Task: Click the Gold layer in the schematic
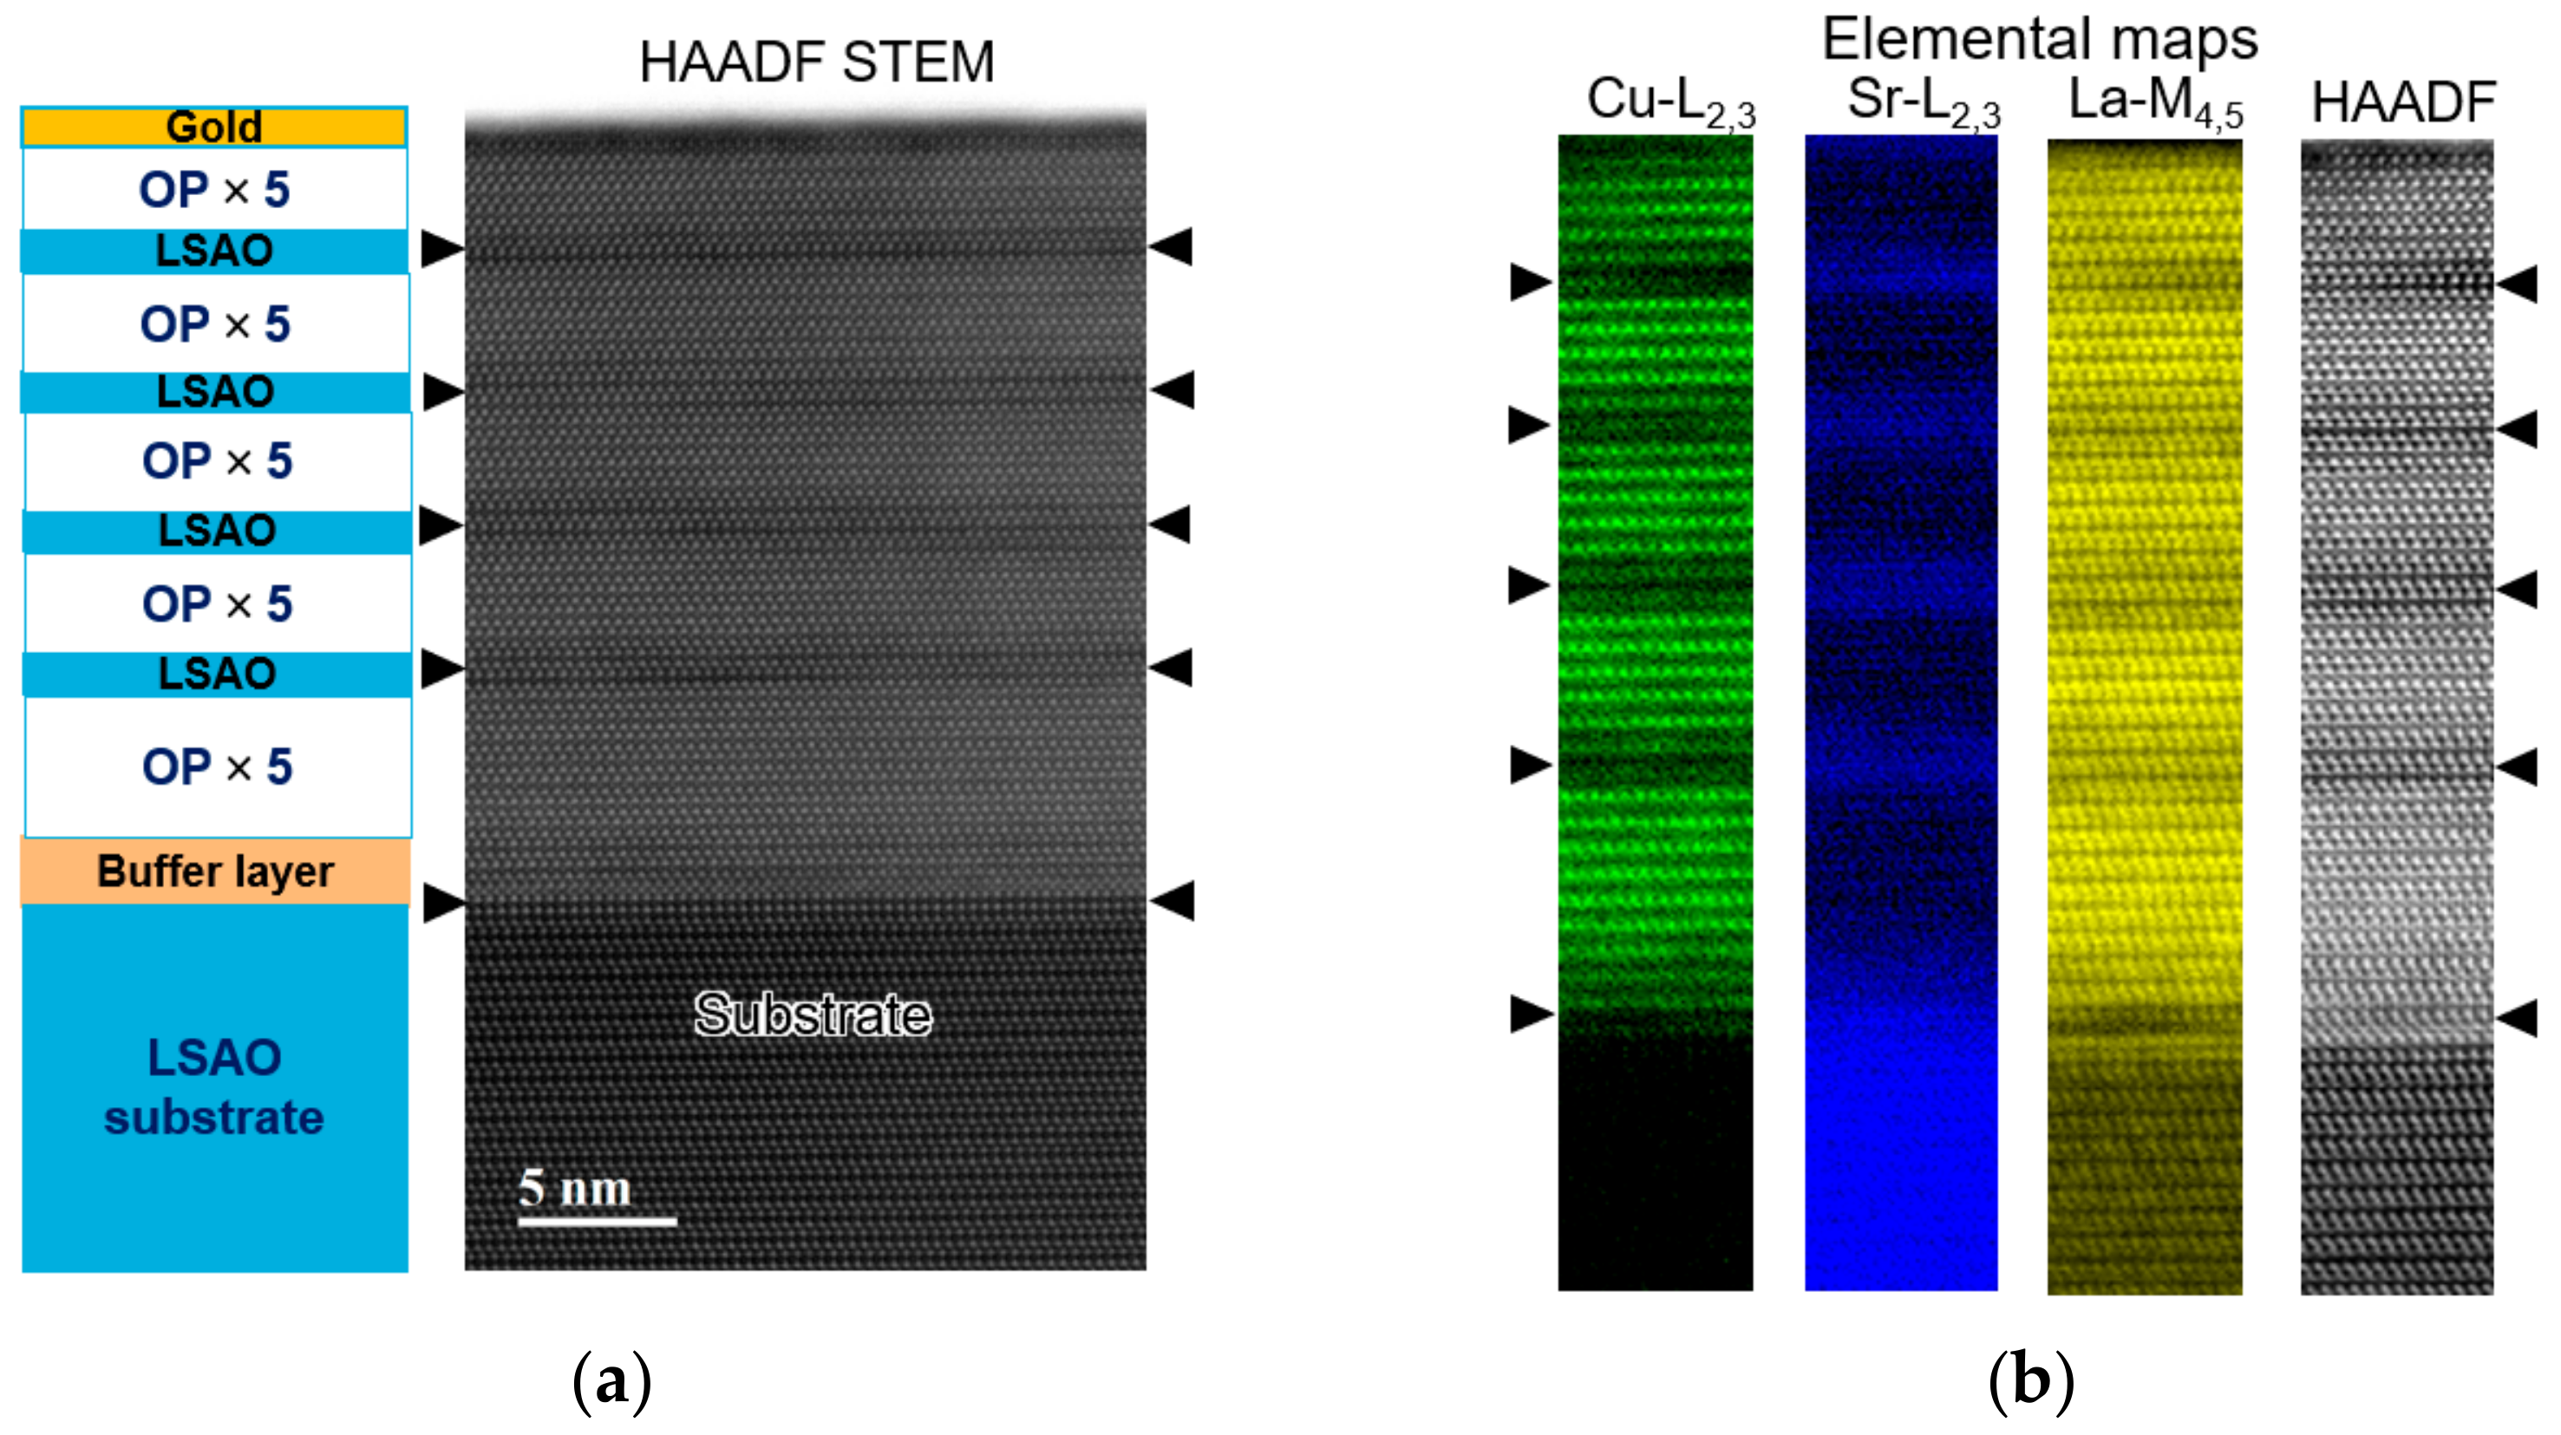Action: (x=213, y=127)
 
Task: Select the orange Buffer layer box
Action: (x=215, y=871)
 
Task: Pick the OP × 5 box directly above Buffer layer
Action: (x=217, y=766)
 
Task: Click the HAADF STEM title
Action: (x=816, y=62)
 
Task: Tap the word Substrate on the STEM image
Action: (x=813, y=1014)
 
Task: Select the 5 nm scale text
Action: (x=575, y=1188)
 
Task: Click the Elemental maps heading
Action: (x=2039, y=40)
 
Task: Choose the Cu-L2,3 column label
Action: (x=1670, y=102)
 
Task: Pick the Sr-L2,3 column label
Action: (x=1923, y=102)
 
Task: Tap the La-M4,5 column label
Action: (x=2154, y=102)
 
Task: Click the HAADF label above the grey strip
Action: (x=2403, y=102)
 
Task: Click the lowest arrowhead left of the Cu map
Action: (x=1530, y=1014)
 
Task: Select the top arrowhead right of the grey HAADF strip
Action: (x=2518, y=284)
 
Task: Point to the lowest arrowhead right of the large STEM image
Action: (x=1173, y=900)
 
